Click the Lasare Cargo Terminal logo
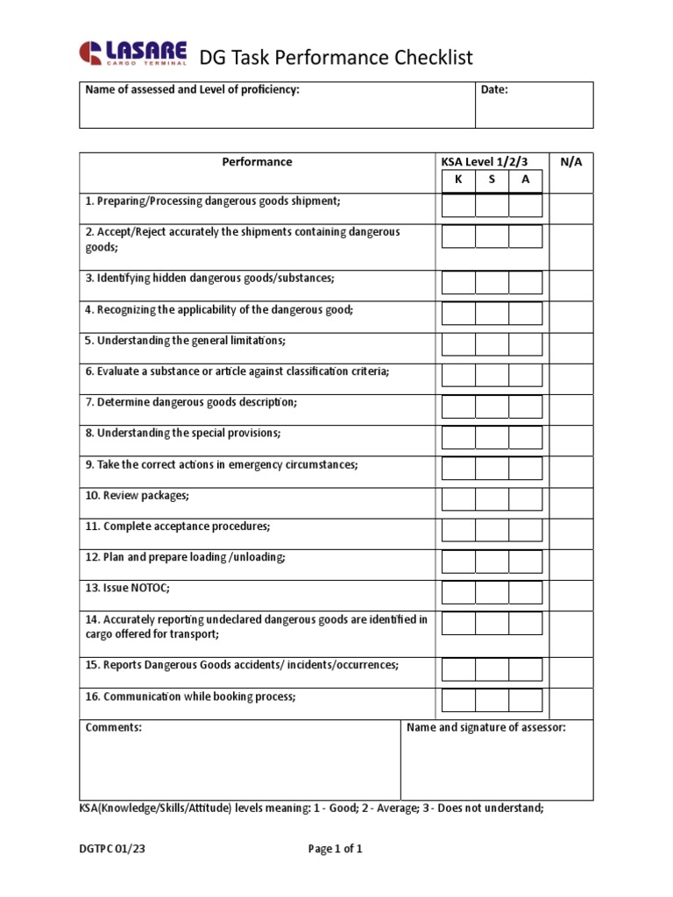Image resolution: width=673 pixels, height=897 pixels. point(133,53)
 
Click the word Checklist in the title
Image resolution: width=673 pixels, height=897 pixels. point(429,58)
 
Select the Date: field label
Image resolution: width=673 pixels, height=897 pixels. point(494,90)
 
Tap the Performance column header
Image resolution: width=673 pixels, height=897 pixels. point(257,162)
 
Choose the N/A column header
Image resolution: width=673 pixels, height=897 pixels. point(571,162)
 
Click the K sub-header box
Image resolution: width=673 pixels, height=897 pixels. point(458,180)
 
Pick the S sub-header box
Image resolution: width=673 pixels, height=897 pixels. point(492,180)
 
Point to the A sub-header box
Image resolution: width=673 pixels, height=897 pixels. point(526,180)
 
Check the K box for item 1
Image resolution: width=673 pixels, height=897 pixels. point(458,206)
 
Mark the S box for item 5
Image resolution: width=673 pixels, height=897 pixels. point(492,344)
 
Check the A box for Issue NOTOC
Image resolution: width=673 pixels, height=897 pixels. point(526,592)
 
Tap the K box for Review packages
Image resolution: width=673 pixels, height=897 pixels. point(458,499)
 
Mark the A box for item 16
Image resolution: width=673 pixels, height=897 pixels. point(526,700)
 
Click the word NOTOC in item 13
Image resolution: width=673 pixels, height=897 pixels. point(150,588)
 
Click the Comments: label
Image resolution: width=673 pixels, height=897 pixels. point(113,727)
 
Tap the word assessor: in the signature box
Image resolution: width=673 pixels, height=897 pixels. point(540,727)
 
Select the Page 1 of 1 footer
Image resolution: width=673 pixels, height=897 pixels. point(335,849)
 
